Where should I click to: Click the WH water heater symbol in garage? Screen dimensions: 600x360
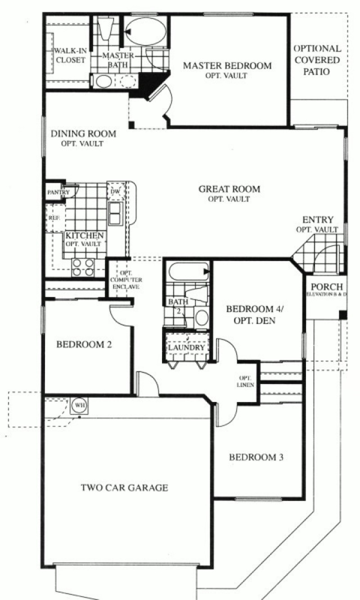[x=80, y=405]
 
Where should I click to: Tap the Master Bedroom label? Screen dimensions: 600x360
[x=227, y=66]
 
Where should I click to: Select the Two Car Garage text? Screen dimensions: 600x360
[x=125, y=487]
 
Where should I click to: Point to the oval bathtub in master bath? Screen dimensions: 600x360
[x=145, y=32]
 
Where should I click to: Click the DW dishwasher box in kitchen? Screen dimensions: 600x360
[x=114, y=192]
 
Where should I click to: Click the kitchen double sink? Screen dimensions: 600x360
[x=115, y=213]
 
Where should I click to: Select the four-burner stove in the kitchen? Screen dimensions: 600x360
[x=83, y=267]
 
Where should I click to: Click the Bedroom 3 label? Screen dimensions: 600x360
[x=256, y=457]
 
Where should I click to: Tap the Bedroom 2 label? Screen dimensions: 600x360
[x=84, y=345]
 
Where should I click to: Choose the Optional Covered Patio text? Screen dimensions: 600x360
[x=317, y=60]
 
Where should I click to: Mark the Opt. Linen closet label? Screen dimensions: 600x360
[x=246, y=381]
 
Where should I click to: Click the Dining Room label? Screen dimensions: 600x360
[x=83, y=134]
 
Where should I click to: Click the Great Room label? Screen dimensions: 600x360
[x=229, y=189]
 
